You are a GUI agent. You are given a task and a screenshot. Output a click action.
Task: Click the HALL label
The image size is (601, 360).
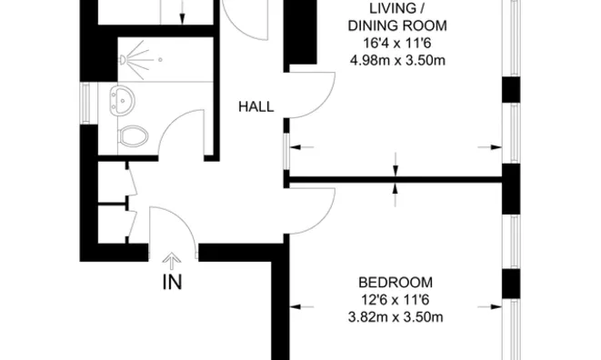255,107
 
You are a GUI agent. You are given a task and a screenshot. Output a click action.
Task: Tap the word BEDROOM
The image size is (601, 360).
395,282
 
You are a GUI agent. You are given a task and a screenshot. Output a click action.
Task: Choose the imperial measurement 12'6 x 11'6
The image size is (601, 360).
395,299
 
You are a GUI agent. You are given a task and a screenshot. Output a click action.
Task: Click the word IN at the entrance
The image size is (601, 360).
172,282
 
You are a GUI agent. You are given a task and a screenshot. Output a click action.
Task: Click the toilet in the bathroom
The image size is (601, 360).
133,136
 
